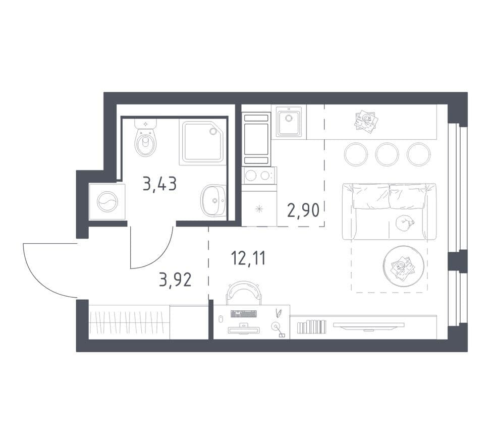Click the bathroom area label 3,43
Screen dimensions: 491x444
pos(159,184)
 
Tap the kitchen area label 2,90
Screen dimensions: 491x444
pos(303,210)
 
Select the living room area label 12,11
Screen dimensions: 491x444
pos(248,259)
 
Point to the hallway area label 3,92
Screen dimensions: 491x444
pos(175,280)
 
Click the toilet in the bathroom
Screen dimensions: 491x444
pos(146,138)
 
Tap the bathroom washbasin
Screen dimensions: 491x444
pos(213,201)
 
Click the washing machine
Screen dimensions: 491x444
pos(107,202)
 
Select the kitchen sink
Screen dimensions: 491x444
pos(289,122)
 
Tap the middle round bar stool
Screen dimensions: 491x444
pos(387,154)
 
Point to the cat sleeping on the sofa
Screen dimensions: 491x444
pos(404,223)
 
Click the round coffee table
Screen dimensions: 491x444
pos(403,266)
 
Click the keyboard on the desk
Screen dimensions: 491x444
pos(244,313)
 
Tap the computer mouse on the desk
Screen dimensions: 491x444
pos(220,318)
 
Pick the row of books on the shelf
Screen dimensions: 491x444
pos(311,327)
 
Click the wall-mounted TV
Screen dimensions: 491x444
pos(368,326)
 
